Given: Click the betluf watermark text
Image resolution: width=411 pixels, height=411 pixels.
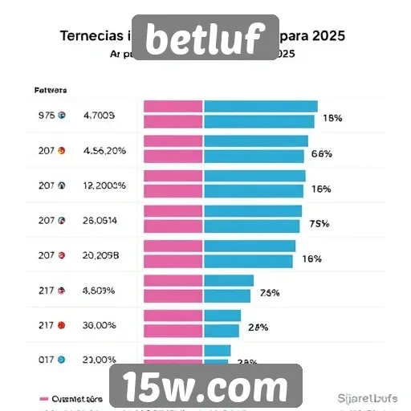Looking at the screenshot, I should click(x=205, y=38).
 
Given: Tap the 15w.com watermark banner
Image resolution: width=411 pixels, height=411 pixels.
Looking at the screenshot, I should click(x=205, y=388).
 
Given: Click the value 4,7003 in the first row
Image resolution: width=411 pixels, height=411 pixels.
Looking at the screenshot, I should click(x=100, y=116).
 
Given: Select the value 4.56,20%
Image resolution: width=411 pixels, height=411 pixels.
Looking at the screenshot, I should click(x=104, y=150).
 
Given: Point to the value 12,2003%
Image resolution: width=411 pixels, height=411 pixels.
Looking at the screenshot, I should click(x=104, y=185).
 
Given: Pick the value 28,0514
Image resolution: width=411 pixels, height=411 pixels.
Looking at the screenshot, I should click(x=100, y=220).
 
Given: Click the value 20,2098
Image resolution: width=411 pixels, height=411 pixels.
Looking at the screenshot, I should click(x=101, y=255).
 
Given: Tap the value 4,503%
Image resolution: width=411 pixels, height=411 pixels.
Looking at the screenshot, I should click(x=100, y=291).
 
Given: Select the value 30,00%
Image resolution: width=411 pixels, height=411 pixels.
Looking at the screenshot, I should click(x=100, y=326).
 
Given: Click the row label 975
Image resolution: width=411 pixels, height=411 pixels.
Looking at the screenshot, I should click(x=47, y=116).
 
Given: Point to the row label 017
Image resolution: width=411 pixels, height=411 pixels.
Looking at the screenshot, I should click(x=46, y=360).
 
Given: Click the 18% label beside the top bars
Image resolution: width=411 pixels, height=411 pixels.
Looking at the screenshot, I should click(x=332, y=118).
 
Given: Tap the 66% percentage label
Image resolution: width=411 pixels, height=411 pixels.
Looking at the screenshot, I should click(x=321, y=153).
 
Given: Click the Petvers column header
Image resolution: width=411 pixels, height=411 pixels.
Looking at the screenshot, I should click(x=51, y=90).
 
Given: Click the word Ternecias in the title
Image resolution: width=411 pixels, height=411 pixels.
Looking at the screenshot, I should click(x=93, y=37).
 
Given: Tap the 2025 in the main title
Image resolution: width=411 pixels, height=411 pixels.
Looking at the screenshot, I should click(x=331, y=37).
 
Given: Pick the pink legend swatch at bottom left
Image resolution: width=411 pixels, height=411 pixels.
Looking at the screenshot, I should click(x=44, y=397).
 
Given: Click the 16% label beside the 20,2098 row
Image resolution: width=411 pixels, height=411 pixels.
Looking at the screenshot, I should click(x=311, y=258).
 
